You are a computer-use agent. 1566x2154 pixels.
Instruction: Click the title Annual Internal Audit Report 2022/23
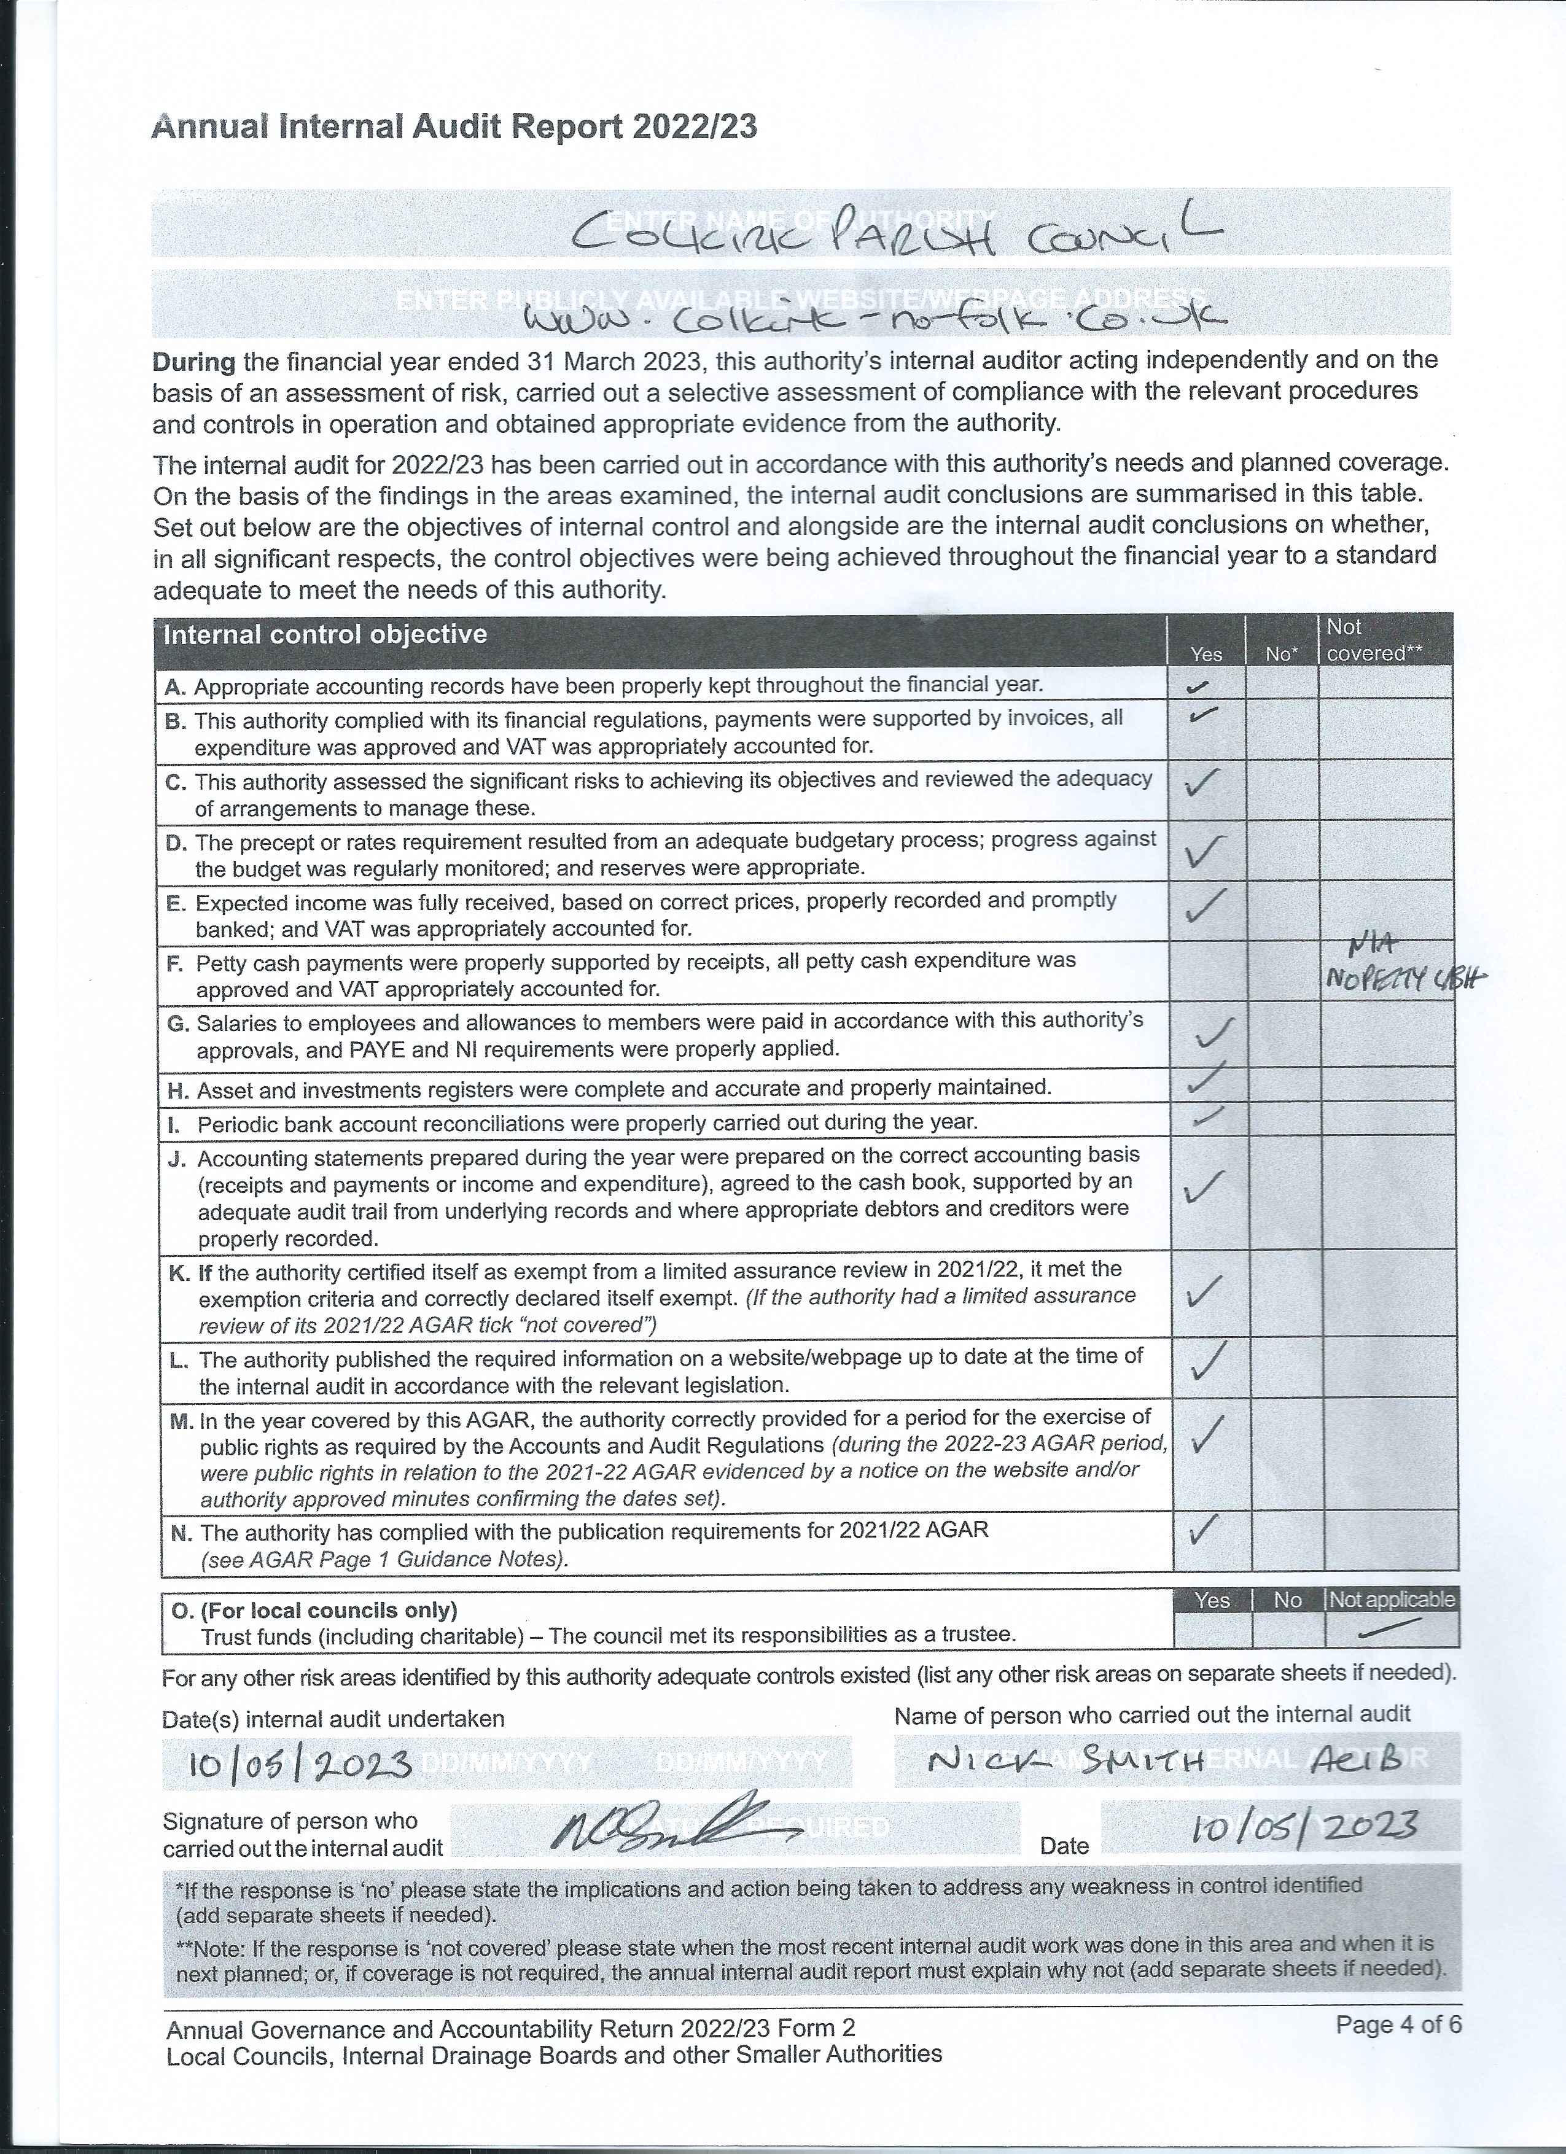(x=454, y=127)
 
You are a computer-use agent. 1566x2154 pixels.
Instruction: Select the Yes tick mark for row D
(x=1205, y=851)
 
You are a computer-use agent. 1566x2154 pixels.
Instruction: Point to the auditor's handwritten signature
(x=669, y=1822)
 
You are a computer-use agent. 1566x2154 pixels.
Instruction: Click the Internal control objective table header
(x=325, y=634)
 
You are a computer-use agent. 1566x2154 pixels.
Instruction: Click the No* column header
(x=1281, y=653)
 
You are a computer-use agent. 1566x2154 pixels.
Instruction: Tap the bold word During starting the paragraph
(x=193, y=361)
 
